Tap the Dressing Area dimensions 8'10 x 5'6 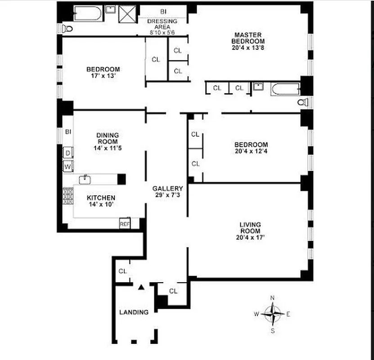coord(163,32)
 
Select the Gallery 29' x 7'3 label coord(167,192)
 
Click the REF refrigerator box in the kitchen coord(124,223)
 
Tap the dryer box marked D coord(68,153)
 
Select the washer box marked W coord(68,166)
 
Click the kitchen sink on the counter coord(86,180)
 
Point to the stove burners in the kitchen coord(68,196)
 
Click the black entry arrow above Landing coord(141,286)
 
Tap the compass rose coord(272,314)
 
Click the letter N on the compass coord(272,298)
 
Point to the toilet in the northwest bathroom coord(68,29)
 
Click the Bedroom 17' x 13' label coord(103,72)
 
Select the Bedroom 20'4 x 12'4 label coord(251,148)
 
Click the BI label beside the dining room coord(68,132)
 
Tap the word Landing coord(134,312)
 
